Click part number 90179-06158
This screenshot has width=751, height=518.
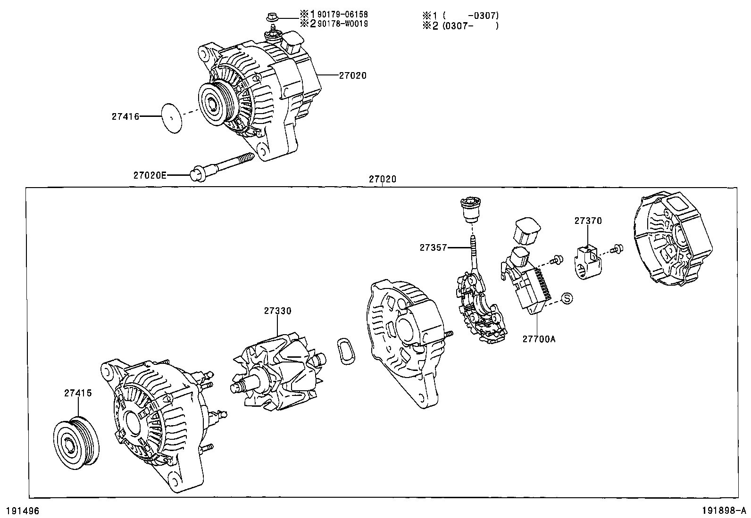341,15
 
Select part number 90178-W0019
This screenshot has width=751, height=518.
341,24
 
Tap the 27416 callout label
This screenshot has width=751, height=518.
125,116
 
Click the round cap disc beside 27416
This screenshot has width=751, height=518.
172,118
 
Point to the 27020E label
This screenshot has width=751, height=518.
150,175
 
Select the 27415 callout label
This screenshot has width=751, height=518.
78,393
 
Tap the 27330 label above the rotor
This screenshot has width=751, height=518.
277,311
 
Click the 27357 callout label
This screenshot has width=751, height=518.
433,247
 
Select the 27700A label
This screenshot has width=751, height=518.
538,338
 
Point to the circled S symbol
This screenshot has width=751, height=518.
567,298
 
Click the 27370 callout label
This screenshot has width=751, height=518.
588,221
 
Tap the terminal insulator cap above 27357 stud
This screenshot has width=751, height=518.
470,211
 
